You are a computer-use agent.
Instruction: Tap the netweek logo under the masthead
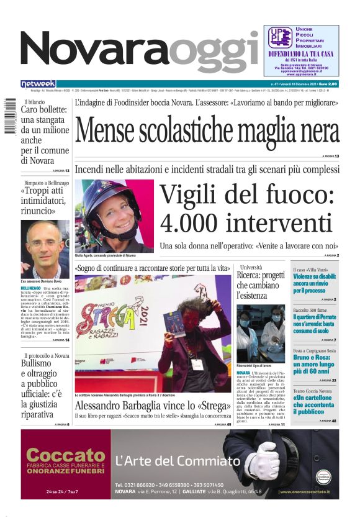coord(38,84)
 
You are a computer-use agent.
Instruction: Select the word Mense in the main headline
coord(114,132)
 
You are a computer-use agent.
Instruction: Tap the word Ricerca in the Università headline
coord(253,275)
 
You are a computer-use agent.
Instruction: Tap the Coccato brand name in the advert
coord(66,455)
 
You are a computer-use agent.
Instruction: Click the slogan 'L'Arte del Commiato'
coord(178,461)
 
